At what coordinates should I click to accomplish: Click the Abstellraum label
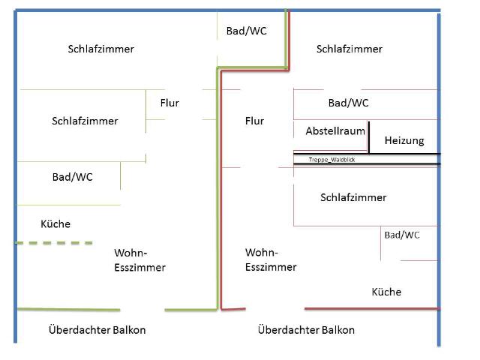coord(335,131)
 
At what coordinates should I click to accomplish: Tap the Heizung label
coord(404,140)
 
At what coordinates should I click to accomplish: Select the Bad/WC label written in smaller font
coord(402,235)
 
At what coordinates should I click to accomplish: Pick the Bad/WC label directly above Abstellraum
coord(348,103)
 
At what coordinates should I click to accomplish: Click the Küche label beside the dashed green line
coord(55,223)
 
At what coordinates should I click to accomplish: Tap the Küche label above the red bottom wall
coord(386,292)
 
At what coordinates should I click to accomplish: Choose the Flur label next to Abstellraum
coord(254,121)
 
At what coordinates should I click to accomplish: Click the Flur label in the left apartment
coord(169,103)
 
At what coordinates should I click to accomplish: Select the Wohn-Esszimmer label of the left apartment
coord(139,259)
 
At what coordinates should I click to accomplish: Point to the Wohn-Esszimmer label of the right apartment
coord(271,259)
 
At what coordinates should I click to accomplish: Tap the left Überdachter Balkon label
coord(97,330)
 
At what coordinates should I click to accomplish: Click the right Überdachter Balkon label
coord(306,330)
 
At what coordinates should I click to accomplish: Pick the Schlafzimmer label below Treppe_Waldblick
coord(353,197)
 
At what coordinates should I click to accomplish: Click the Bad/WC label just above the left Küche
coord(72,177)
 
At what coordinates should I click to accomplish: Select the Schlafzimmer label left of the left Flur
coord(85,121)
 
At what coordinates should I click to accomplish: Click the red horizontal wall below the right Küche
coord(371,308)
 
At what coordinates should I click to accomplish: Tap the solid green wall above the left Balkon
coord(67,308)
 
